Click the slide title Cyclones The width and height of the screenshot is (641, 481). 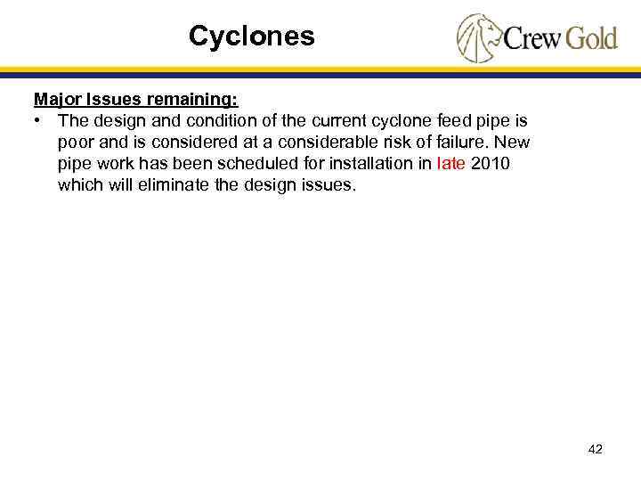251,37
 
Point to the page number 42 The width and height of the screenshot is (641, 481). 596,450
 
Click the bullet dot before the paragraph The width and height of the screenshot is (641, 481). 39,120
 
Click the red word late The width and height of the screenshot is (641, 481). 451,164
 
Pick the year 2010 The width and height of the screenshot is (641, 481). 491,164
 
